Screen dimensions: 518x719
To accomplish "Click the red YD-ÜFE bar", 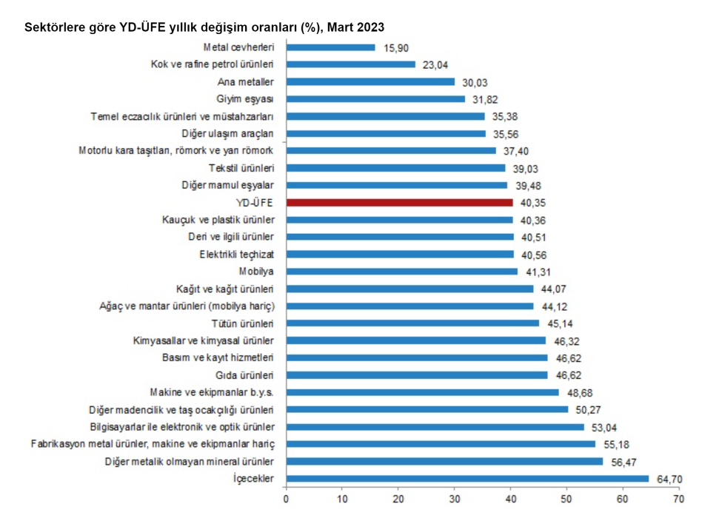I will [399, 202].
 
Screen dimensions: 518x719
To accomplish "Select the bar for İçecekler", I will [467, 479].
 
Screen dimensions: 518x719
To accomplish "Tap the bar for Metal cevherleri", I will [330, 47].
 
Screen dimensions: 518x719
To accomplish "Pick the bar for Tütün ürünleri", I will [412, 323].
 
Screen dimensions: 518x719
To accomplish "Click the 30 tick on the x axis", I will [455, 499].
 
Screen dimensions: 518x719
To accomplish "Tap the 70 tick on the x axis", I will [679, 499].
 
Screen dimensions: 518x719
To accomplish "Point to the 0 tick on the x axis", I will [286, 499].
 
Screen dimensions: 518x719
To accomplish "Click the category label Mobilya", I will [256, 272].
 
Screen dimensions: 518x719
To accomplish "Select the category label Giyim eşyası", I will [246, 99].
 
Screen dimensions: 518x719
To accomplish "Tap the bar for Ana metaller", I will [370, 82].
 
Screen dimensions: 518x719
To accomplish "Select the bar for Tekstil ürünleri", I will [395, 168].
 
